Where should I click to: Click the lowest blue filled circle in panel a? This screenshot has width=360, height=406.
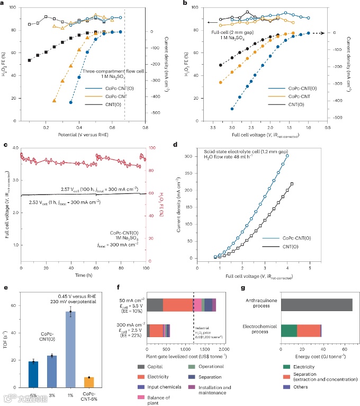(71, 102)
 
